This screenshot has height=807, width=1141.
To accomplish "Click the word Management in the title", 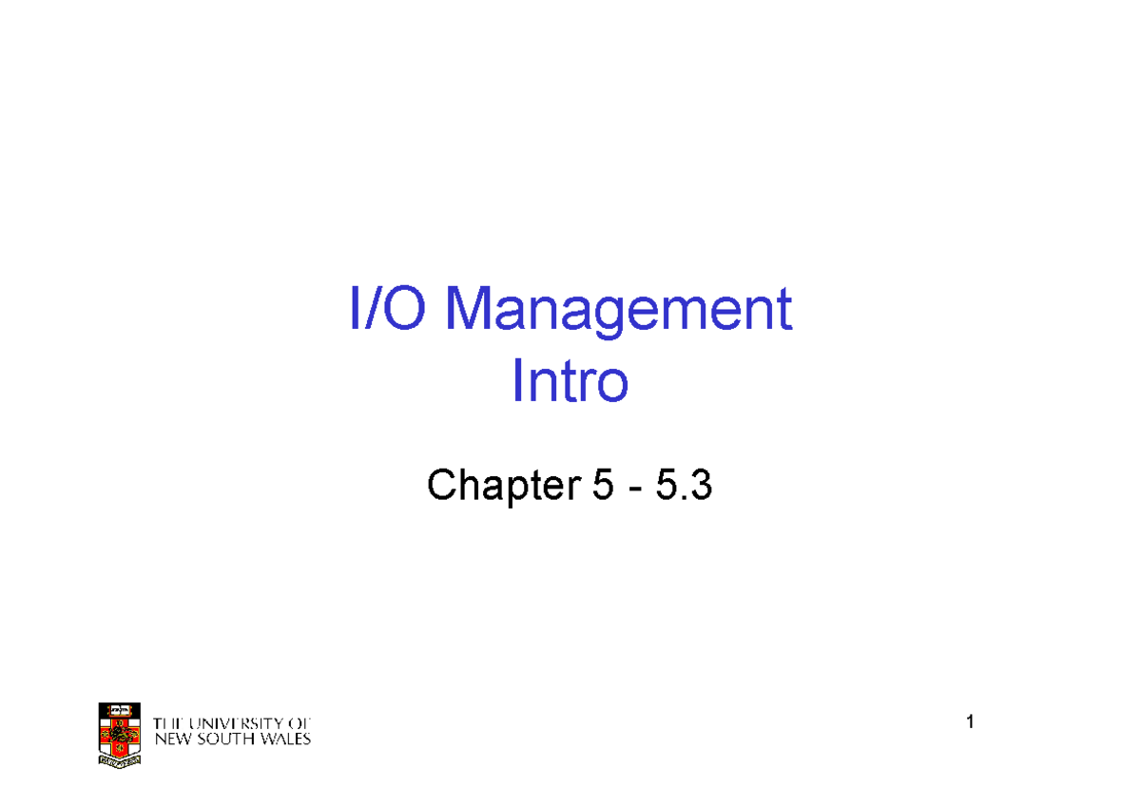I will point(619,311).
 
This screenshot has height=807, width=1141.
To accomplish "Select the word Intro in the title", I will point(570,382).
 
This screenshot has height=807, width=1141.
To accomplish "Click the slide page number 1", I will point(970,723).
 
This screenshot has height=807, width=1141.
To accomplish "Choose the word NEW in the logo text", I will point(172,739).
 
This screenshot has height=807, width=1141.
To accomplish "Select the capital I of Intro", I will point(516,382).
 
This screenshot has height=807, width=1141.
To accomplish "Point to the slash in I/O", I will point(367,309).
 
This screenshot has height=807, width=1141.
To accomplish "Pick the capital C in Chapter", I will point(440,487).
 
